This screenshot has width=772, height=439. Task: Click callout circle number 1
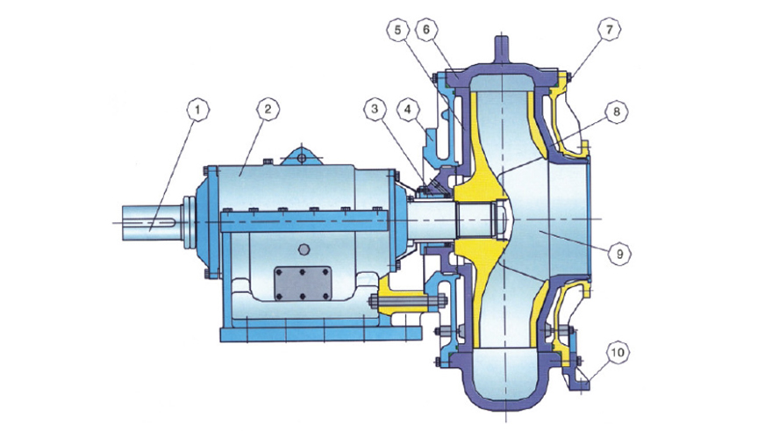pyautogui.click(x=198, y=111)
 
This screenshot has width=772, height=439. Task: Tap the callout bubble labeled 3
pyautogui.click(x=375, y=109)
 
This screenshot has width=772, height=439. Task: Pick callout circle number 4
pyautogui.click(x=407, y=108)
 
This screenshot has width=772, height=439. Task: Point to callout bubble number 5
pyautogui.click(x=398, y=30)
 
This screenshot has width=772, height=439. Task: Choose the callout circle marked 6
pyautogui.click(x=426, y=30)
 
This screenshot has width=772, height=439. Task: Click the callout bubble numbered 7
pyautogui.click(x=610, y=30)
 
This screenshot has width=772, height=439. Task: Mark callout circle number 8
pyautogui.click(x=617, y=112)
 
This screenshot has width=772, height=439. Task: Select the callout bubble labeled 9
pyautogui.click(x=619, y=254)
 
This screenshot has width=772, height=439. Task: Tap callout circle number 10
pyautogui.click(x=618, y=352)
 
